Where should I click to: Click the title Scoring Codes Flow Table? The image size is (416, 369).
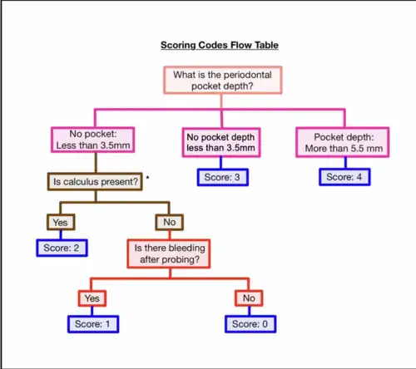[x=220, y=45]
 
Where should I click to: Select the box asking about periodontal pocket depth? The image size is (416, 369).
[x=222, y=80]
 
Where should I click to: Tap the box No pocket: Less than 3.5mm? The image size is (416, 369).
[x=93, y=140]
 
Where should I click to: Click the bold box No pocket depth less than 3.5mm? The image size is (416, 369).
[x=221, y=142]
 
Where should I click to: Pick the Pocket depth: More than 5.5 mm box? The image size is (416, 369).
[x=343, y=142]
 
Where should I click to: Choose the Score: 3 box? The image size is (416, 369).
[x=223, y=177]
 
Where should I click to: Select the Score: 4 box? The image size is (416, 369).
[x=344, y=177]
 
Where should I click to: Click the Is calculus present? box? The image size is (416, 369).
[x=95, y=182]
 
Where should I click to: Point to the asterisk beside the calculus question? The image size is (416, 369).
[x=147, y=178]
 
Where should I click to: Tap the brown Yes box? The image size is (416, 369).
[x=61, y=222]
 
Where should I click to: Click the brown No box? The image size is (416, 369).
[x=169, y=222]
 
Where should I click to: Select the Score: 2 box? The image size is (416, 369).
[x=62, y=248]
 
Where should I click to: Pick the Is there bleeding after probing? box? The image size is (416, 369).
[x=169, y=253]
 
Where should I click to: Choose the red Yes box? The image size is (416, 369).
[x=92, y=298]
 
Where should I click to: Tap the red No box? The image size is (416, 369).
[x=249, y=298]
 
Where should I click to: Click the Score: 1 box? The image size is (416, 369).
[x=93, y=324]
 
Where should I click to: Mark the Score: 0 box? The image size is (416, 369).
[x=250, y=324]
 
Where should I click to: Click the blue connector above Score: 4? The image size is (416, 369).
[x=345, y=163]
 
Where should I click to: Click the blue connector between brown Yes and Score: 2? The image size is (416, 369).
[x=61, y=235]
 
